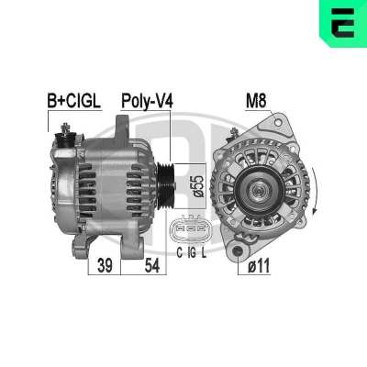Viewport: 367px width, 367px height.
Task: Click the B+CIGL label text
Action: [x=73, y=101]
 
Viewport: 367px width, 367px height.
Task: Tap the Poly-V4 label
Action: [x=147, y=101]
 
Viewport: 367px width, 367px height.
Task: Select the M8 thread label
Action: [x=256, y=101]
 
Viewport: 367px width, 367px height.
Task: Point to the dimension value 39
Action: [x=105, y=265]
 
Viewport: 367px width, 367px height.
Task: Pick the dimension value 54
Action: [x=152, y=265]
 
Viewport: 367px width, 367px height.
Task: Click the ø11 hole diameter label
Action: [x=259, y=265]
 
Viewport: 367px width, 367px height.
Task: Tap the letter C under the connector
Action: [x=180, y=252]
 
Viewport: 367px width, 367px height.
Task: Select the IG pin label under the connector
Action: [x=192, y=252]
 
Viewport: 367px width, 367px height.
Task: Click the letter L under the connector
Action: [x=204, y=252]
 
